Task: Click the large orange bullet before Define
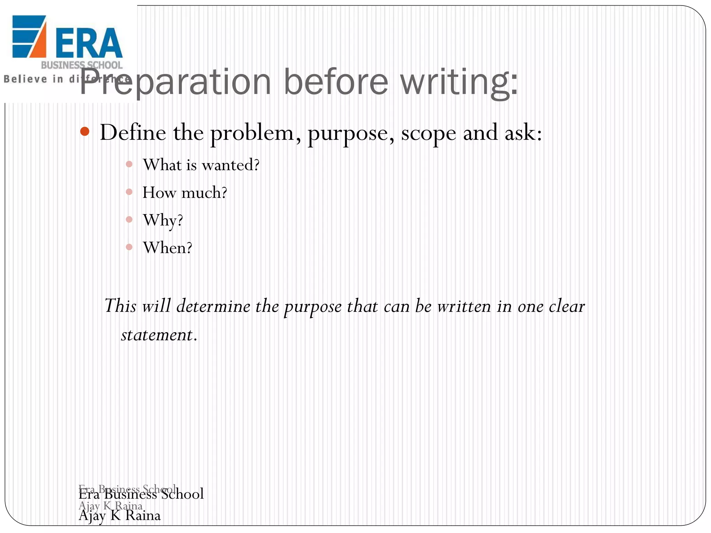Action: click(x=85, y=132)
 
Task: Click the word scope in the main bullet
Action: click(x=428, y=133)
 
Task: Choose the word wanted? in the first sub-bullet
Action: click(x=231, y=165)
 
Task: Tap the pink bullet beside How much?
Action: click(x=129, y=192)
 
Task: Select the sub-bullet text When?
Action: click(x=167, y=248)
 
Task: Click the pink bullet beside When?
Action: click(x=129, y=247)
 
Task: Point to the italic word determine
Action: click(x=213, y=306)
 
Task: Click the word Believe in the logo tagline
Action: click(x=25, y=79)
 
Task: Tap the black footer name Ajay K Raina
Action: click(x=119, y=515)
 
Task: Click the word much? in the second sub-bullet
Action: click(x=204, y=193)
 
